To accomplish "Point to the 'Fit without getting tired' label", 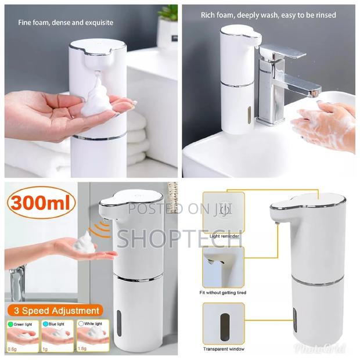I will (x=223, y=293).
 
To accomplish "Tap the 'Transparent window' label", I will (x=223, y=349).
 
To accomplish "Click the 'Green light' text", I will (x=26, y=324).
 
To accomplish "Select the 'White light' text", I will (x=88, y=324).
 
